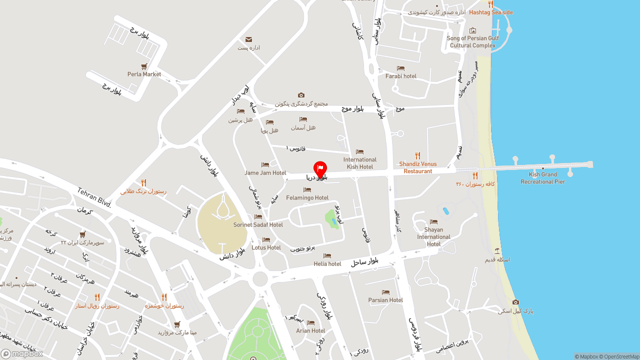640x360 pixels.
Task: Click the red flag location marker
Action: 320,168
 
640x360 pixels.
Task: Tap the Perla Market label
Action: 144,74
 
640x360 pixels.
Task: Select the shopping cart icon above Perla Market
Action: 144,66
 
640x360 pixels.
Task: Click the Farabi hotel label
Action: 400,76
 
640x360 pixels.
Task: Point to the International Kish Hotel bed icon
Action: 359,152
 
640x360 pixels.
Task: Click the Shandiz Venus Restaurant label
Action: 417,167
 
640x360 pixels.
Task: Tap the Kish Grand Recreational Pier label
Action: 542,178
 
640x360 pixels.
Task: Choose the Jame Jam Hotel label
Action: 265,173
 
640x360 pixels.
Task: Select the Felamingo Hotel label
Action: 307,198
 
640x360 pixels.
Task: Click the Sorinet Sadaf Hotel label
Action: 258,225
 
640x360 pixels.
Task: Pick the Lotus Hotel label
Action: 266,247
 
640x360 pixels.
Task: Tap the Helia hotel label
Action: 327,264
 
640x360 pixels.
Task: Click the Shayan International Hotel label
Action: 433,237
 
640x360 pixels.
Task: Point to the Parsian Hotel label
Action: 385,300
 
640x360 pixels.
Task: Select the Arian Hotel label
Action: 310,331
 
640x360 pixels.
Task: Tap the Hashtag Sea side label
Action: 490,12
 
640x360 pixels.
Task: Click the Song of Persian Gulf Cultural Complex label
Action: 472,41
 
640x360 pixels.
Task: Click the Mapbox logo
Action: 22,353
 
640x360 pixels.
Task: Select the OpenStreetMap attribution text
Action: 621,356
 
